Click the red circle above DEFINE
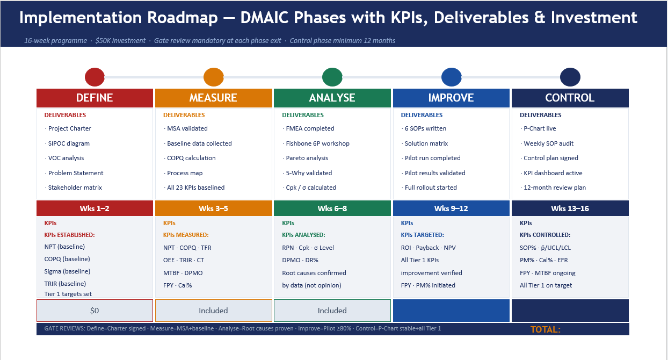tap(95, 77)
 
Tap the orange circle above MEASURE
tap(214, 77)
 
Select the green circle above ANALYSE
tap(332, 77)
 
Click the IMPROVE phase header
tap(451, 98)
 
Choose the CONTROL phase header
tap(570, 98)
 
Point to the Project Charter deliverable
tap(69, 128)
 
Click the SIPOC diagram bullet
tap(69, 143)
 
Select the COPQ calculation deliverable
tap(191, 158)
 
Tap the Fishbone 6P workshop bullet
tap(317, 143)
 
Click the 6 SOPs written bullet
tap(425, 128)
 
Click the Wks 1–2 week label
tap(95, 208)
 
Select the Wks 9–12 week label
tap(451, 208)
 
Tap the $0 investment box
tap(95, 311)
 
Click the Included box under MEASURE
tap(213, 311)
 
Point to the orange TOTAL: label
tap(546, 329)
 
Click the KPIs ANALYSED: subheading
tap(303, 235)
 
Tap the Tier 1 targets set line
tap(68, 294)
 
